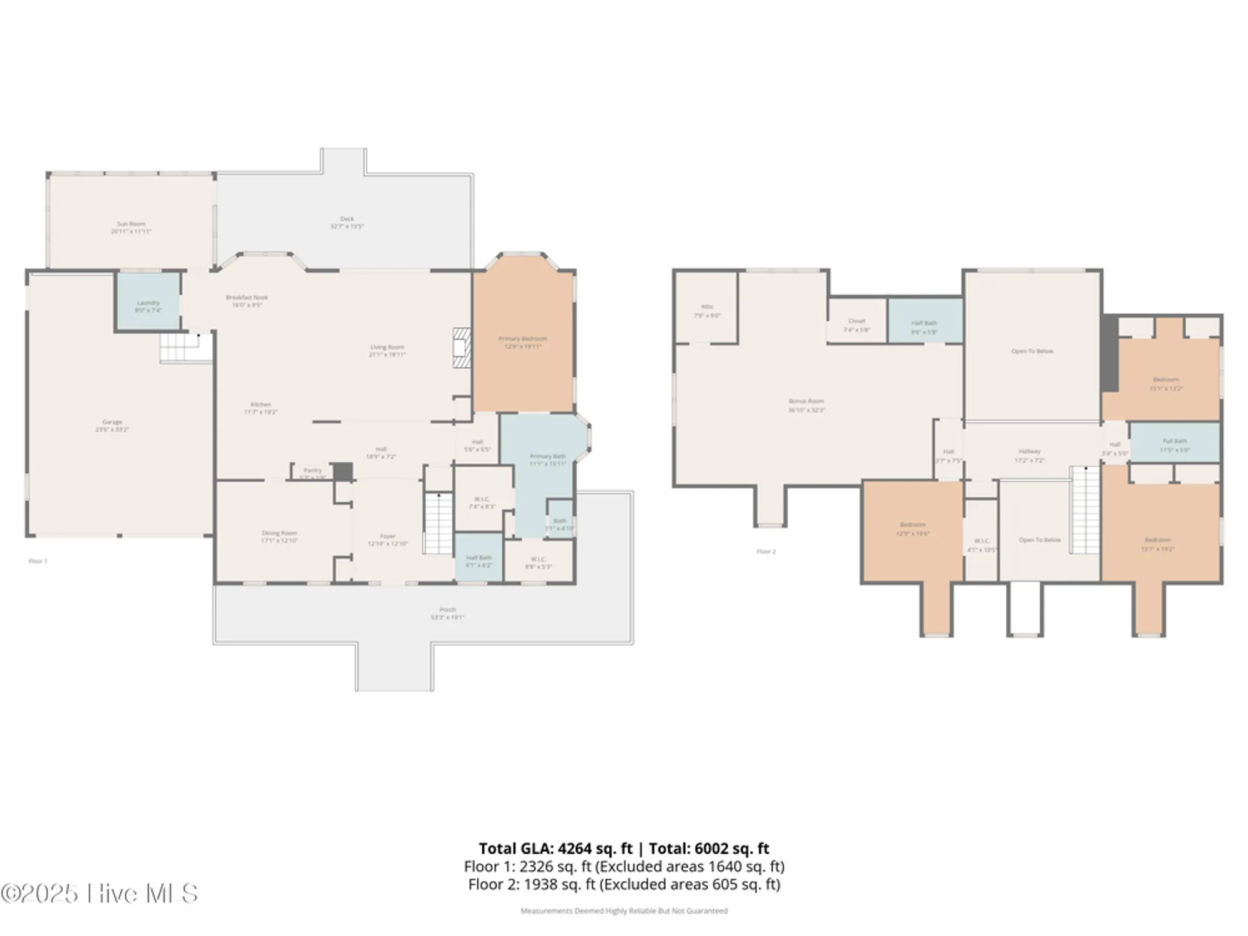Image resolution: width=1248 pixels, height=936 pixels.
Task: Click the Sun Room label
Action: pyautogui.click(x=131, y=227)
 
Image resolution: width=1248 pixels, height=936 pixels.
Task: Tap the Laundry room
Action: pyautogui.click(x=149, y=302)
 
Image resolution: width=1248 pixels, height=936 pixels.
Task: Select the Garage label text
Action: pyautogui.click(x=112, y=426)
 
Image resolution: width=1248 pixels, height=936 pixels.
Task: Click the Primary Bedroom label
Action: pyautogui.click(x=522, y=342)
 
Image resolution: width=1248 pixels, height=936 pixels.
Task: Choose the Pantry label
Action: pyautogui.click(x=313, y=470)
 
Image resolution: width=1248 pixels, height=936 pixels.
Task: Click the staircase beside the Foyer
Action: pyautogui.click(x=439, y=523)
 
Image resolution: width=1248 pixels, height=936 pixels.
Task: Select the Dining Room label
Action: pyautogui.click(x=279, y=537)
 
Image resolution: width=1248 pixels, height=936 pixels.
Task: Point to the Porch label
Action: pyautogui.click(x=447, y=613)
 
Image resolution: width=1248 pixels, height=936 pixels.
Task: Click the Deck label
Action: pyautogui.click(x=347, y=222)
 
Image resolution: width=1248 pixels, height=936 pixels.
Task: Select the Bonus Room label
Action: pyautogui.click(x=806, y=405)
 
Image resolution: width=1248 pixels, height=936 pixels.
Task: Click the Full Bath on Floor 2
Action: pyautogui.click(x=1174, y=443)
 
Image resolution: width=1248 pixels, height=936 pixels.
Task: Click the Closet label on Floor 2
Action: pyautogui.click(x=857, y=321)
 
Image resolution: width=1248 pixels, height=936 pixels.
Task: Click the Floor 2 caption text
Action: pyautogui.click(x=766, y=552)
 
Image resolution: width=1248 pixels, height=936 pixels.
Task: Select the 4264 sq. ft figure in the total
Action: pyautogui.click(x=595, y=849)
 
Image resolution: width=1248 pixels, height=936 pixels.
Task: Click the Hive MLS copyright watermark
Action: pyautogui.click(x=100, y=894)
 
